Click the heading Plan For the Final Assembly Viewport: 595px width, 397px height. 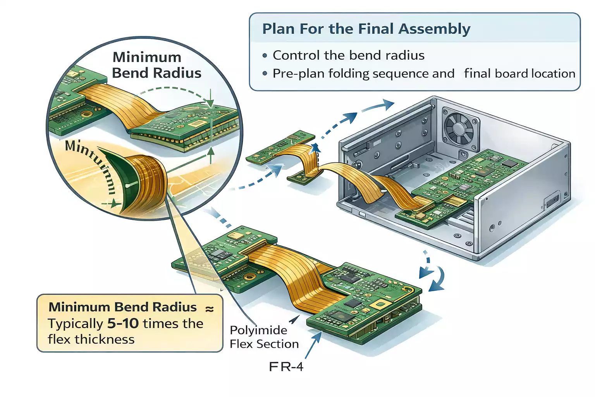click(x=366, y=29)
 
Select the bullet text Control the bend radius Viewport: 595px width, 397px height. click(x=348, y=55)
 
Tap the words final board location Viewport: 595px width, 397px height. click(x=519, y=74)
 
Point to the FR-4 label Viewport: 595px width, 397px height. click(x=286, y=367)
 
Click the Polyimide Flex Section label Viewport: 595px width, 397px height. click(x=263, y=337)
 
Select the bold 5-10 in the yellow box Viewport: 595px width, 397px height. click(x=123, y=323)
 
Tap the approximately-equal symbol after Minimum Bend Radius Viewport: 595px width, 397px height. click(x=209, y=309)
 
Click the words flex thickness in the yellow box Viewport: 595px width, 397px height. click(x=91, y=340)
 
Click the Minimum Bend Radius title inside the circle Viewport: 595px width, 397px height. click(x=156, y=65)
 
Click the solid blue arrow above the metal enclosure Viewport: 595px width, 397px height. click(x=378, y=106)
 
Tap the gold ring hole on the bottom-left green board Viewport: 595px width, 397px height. click(x=249, y=277)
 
